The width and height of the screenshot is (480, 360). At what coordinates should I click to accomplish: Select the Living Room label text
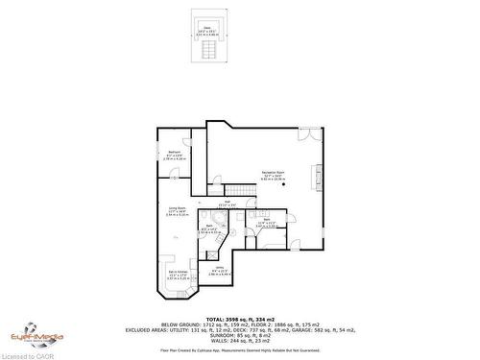(176, 212)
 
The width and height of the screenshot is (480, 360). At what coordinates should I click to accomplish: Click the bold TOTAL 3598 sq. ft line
(239, 318)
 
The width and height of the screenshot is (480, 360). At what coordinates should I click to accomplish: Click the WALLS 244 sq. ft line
(239, 342)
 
